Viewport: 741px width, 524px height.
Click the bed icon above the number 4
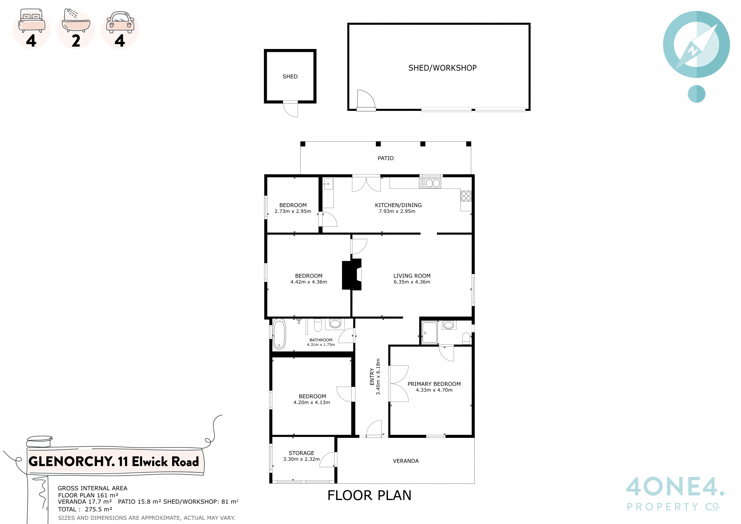click(32, 22)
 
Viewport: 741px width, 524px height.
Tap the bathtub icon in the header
click(76, 21)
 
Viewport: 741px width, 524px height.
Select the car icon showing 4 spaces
click(120, 22)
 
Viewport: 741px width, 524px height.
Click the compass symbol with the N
click(696, 44)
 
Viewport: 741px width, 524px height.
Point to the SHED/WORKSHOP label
click(442, 68)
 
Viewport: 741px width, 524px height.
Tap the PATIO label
click(386, 158)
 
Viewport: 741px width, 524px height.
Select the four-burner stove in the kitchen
click(466, 196)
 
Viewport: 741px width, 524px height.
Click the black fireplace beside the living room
click(351, 274)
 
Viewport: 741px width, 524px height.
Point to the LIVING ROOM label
click(412, 276)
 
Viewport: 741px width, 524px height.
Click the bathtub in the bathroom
click(279, 334)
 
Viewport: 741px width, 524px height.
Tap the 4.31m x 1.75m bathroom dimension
click(321, 344)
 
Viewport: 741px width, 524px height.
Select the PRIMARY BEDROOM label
click(434, 384)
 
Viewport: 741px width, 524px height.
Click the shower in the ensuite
click(430, 332)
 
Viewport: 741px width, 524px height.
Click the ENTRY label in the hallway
click(372, 376)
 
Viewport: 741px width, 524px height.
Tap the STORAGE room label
click(301, 453)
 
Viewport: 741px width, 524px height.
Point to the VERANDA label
click(406, 461)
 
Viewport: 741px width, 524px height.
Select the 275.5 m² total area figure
click(98, 509)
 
